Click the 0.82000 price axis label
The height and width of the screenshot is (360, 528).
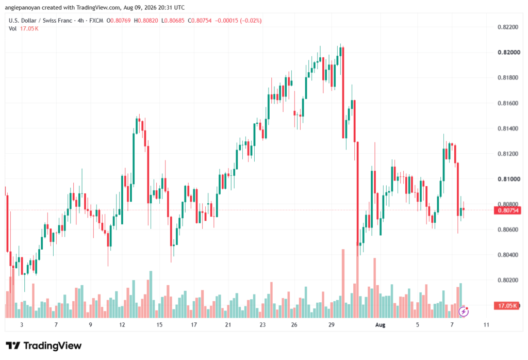coord(509,52)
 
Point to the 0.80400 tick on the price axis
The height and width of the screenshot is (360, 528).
coord(508,255)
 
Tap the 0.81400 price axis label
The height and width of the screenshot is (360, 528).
coord(508,128)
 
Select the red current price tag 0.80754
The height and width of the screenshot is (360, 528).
coord(507,210)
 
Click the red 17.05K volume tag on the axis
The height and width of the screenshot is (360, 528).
coord(507,306)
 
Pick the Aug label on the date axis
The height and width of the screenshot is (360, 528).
coord(380,325)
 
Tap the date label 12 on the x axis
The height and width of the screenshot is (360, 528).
coord(122,325)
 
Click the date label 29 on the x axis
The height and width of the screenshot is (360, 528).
coord(332,325)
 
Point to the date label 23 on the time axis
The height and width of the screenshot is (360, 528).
coord(262,325)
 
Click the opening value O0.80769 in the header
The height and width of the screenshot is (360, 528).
coord(119,21)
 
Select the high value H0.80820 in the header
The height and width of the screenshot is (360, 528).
coord(146,21)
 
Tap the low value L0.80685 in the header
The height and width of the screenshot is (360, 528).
coord(173,21)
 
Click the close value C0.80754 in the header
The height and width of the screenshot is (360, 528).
coord(200,21)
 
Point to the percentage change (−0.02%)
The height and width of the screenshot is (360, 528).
coord(250,21)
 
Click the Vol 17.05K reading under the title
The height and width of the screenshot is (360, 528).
coord(24,29)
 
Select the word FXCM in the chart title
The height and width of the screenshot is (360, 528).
coord(96,21)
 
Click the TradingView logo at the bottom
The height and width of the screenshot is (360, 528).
coord(44,346)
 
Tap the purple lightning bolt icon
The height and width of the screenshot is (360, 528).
coord(464,312)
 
